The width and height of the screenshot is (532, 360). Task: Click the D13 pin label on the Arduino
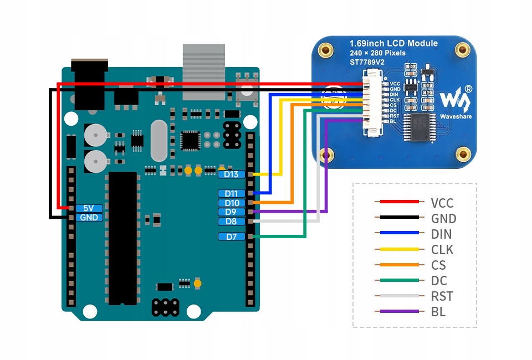(231, 174)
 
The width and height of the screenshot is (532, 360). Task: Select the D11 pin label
(231, 193)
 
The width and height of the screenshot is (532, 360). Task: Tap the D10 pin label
(231, 203)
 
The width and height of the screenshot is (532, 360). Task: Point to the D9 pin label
(231, 212)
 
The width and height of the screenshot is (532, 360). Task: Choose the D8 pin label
(231, 222)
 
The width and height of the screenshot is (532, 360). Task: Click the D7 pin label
(231, 236)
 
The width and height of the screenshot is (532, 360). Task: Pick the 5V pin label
(89, 208)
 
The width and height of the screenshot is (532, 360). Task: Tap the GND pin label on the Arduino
(89, 218)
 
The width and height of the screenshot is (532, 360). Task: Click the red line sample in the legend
(397, 203)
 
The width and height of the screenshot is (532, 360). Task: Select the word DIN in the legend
(442, 234)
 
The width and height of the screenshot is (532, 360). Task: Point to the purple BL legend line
(397, 312)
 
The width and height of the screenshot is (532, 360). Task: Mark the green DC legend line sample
(397, 281)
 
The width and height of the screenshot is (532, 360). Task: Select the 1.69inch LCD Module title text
(393, 43)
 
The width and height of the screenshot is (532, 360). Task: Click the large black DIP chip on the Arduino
(122, 238)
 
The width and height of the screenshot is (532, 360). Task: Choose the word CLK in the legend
(442, 250)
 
